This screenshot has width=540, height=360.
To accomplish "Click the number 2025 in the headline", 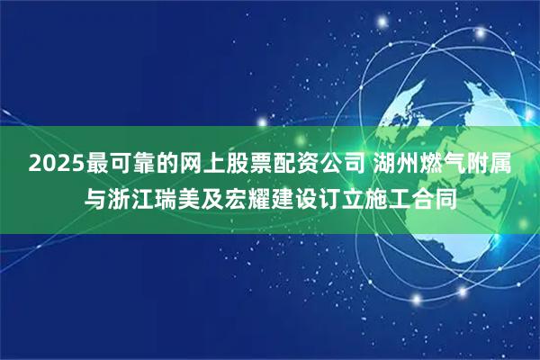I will click(56, 165).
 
